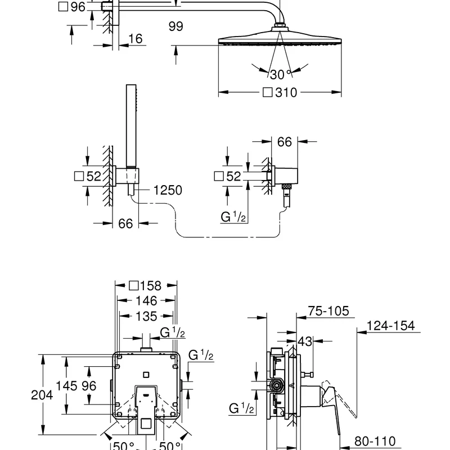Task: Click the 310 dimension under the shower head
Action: point(286,93)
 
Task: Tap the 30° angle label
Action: point(281,75)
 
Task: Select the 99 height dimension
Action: point(175,26)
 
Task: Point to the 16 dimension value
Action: point(135,39)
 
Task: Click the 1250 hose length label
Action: point(168,190)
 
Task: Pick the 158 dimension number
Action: point(151,286)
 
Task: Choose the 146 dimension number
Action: point(146,301)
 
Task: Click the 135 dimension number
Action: point(146,316)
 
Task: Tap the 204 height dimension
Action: point(42,395)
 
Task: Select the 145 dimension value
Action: point(66,386)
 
